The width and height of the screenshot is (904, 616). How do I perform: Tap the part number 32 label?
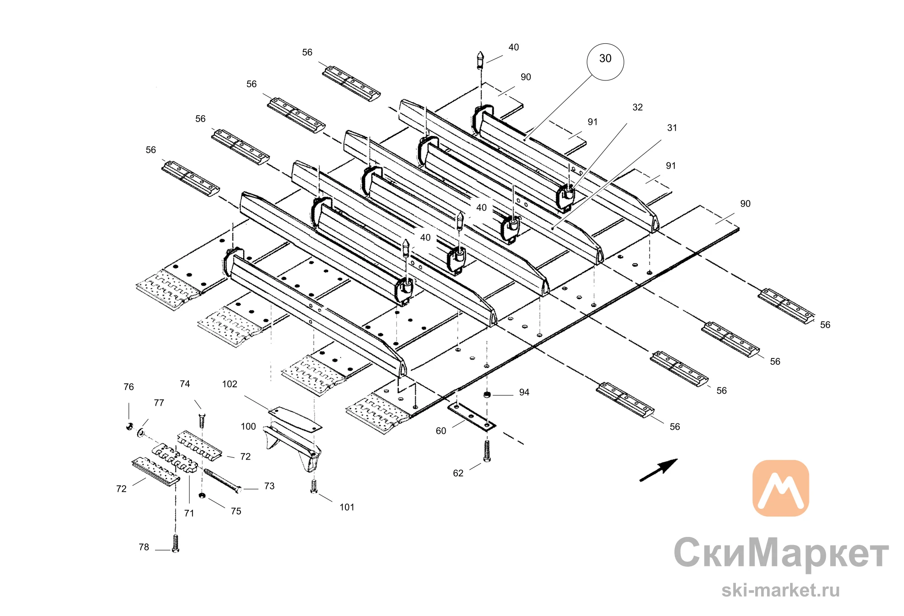[637, 108]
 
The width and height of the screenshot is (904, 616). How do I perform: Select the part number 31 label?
[672, 128]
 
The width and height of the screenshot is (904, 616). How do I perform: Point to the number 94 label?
[524, 392]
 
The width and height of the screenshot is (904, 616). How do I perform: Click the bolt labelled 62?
[487, 451]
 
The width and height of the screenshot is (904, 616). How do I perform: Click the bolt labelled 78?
[175, 543]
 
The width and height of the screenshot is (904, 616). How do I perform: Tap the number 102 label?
[230, 384]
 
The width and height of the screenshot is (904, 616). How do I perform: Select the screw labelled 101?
[314, 486]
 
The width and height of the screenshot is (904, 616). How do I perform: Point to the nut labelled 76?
[129, 426]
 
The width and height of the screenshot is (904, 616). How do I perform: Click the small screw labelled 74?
[202, 420]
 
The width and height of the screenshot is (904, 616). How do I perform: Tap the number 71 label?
[189, 513]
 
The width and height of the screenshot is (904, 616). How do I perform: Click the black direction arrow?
[659, 470]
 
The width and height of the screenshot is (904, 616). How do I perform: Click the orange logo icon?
[781, 488]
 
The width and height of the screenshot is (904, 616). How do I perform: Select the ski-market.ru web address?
[781, 590]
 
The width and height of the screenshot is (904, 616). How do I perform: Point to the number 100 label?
[248, 427]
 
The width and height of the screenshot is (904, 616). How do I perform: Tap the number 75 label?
[236, 511]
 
